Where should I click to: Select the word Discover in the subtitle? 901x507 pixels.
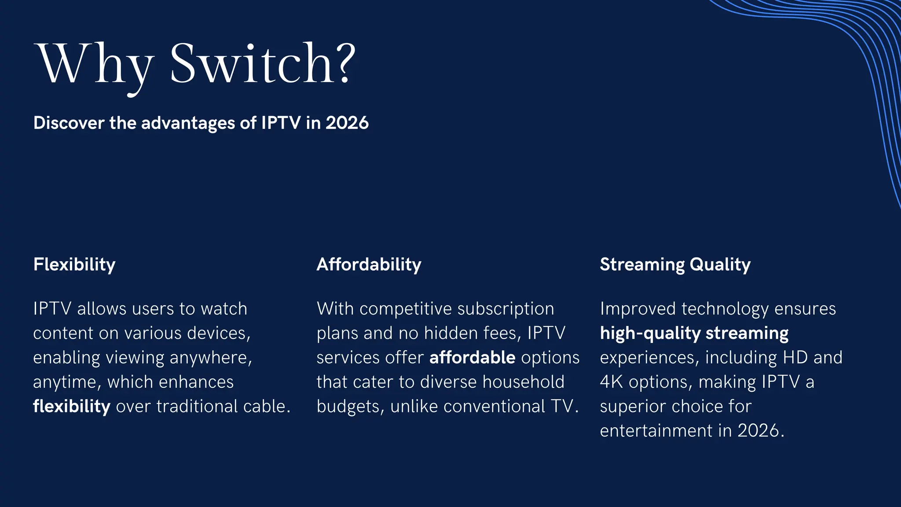68,123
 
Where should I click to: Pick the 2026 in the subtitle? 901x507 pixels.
347,123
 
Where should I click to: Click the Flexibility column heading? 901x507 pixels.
74,265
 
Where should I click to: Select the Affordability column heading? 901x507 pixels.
369,265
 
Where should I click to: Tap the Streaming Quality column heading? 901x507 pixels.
675,265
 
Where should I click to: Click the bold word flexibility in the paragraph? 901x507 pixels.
72,406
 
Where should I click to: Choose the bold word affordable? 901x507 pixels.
472,357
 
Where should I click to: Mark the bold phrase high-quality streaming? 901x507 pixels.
694,333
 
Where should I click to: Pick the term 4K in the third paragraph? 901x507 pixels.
611,382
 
